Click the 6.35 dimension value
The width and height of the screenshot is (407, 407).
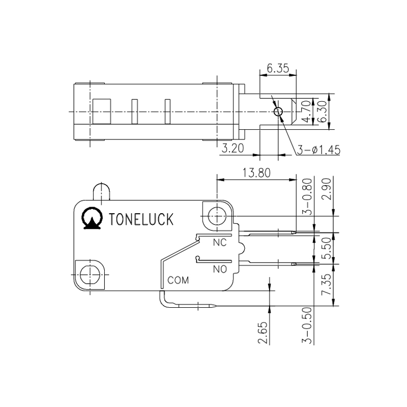coord(277,68)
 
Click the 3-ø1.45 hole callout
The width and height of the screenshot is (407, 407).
coord(319,150)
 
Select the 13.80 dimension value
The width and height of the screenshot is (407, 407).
coord(257,172)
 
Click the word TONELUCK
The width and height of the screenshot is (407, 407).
coord(142,219)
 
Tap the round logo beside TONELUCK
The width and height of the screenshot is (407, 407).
coord(92,218)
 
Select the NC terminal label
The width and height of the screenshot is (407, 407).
coord(219,243)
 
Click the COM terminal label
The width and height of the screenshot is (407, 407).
coord(178,280)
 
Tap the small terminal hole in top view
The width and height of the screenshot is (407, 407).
coord(278,112)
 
